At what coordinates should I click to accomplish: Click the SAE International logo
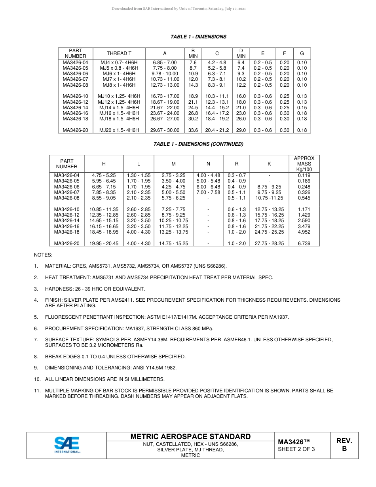[x=67, y=445]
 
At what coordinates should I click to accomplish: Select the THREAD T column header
[x=119, y=53]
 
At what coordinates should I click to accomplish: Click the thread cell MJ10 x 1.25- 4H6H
[x=119, y=96]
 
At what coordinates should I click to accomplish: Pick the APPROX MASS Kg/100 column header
[x=304, y=164]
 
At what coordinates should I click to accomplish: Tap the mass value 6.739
[x=304, y=243]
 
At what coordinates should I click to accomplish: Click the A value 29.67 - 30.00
[x=165, y=130]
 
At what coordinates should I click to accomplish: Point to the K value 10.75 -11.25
[x=269, y=198]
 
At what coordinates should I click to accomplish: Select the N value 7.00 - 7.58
[x=208, y=192]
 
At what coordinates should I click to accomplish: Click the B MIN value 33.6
[x=193, y=130]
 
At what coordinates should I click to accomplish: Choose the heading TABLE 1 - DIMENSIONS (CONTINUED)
[x=198, y=144]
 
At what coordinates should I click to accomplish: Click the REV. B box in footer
[x=344, y=445]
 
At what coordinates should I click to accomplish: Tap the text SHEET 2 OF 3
[x=296, y=449]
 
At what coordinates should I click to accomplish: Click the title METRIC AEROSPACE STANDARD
[x=190, y=436]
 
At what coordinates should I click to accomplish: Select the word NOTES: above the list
[x=43, y=255]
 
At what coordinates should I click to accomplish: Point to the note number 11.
[x=37, y=390]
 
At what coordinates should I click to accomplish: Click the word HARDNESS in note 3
[x=58, y=289]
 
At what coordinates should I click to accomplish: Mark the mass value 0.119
[x=304, y=175]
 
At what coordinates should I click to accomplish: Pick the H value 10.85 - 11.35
[x=104, y=209]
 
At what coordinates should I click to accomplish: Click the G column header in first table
[x=302, y=53]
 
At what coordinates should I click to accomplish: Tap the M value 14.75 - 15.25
[x=173, y=243]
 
